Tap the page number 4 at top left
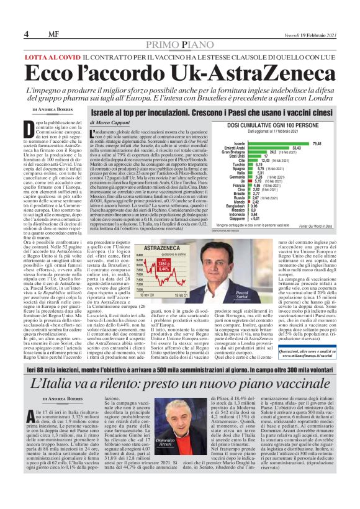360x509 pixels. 27,34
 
